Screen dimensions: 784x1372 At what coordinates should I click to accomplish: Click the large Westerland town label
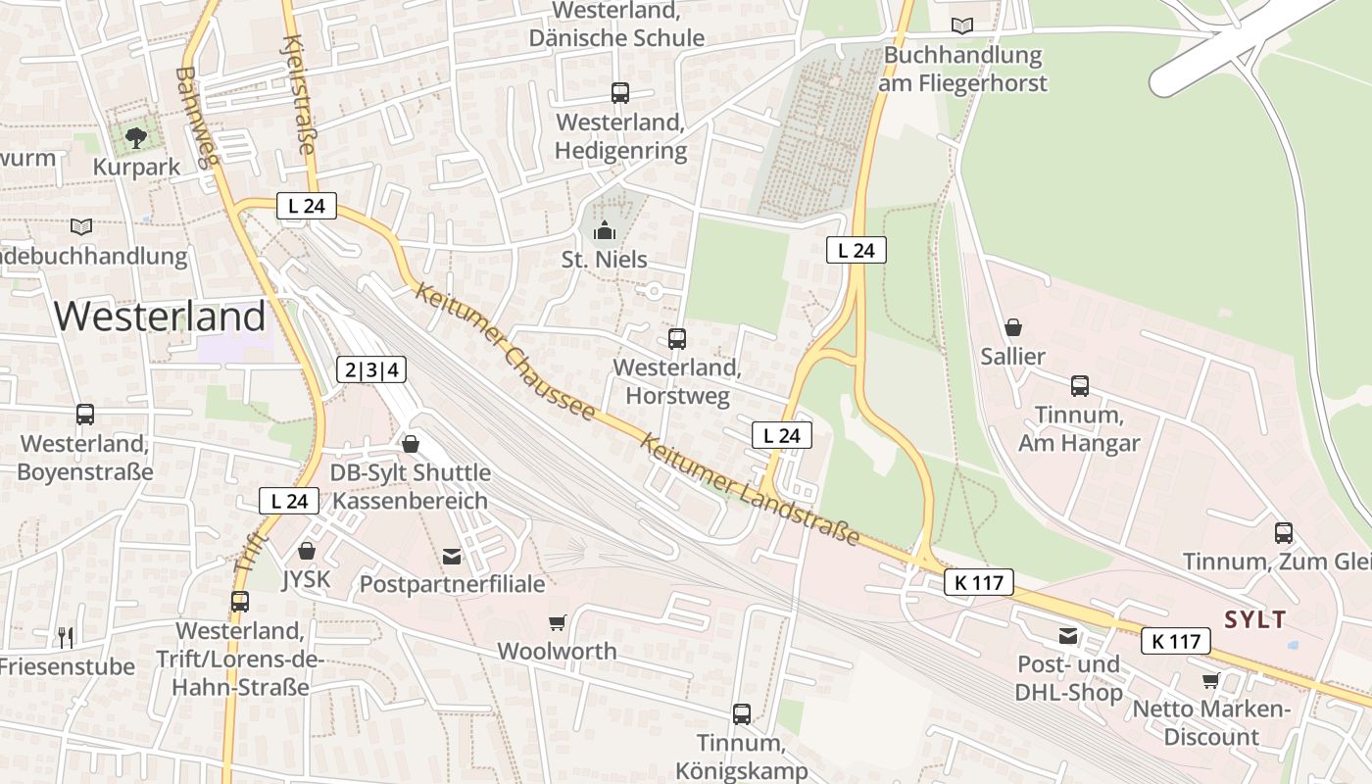(160, 316)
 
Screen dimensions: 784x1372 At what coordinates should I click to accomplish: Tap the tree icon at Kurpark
(136, 137)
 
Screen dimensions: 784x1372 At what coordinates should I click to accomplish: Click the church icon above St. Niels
(605, 231)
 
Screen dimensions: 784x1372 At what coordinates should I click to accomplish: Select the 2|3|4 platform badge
(370, 369)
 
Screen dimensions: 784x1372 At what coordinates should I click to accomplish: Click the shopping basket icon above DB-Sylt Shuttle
(410, 444)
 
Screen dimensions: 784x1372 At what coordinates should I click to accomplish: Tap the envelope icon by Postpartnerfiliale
(451, 556)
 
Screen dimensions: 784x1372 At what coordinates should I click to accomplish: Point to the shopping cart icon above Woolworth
(557, 622)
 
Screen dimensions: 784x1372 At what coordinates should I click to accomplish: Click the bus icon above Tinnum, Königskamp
(742, 713)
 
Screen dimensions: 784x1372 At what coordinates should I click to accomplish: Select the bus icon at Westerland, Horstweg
(677, 339)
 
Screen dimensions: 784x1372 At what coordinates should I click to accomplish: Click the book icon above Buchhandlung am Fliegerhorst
(963, 26)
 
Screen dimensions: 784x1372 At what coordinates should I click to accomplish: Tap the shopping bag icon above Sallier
(1012, 327)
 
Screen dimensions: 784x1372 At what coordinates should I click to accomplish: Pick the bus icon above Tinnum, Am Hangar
(1079, 386)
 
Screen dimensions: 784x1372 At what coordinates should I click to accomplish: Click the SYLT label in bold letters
(1254, 619)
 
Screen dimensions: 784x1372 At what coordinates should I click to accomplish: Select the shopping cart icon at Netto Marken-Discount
(1210, 680)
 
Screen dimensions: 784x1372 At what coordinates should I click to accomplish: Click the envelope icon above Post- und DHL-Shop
(1067, 637)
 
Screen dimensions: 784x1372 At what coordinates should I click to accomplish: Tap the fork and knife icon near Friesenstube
(66, 638)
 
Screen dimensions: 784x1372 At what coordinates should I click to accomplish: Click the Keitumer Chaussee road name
(504, 351)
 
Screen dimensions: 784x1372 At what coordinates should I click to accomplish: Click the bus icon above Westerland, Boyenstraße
(85, 415)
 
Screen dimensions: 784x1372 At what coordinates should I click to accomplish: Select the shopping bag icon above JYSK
(307, 551)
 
